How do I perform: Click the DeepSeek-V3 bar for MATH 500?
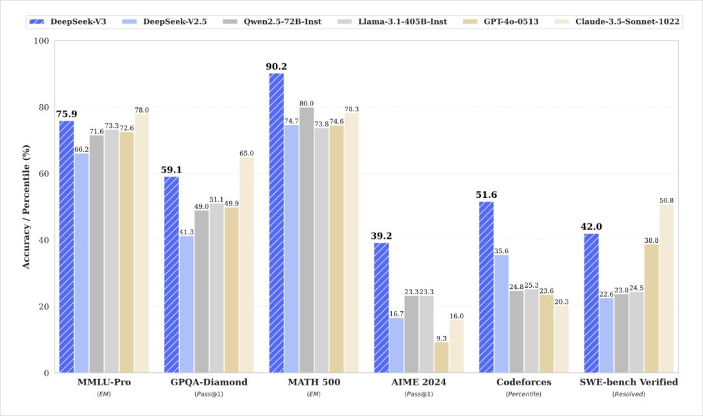point(276,223)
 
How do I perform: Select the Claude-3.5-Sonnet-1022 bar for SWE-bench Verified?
point(667,288)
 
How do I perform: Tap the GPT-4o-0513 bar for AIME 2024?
point(441,357)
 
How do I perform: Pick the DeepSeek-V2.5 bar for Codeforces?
point(501,314)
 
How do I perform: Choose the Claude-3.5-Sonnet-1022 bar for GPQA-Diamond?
point(247,265)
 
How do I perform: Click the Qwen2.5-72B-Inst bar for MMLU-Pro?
point(96,254)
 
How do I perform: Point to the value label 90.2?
point(276,67)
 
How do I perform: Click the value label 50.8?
point(667,201)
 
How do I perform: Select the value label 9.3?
point(441,339)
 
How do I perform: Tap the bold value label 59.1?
point(171,170)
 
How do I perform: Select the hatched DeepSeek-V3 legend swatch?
point(36,21)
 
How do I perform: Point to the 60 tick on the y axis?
point(44,173)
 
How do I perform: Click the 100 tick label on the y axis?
point(41,41)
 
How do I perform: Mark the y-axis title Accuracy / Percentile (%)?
point(27,206)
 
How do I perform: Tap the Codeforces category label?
point(523,382)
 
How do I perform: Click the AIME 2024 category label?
point(419,382)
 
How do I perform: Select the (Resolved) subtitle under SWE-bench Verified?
point(629,395)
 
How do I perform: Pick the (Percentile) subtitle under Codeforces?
point(523,395)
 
